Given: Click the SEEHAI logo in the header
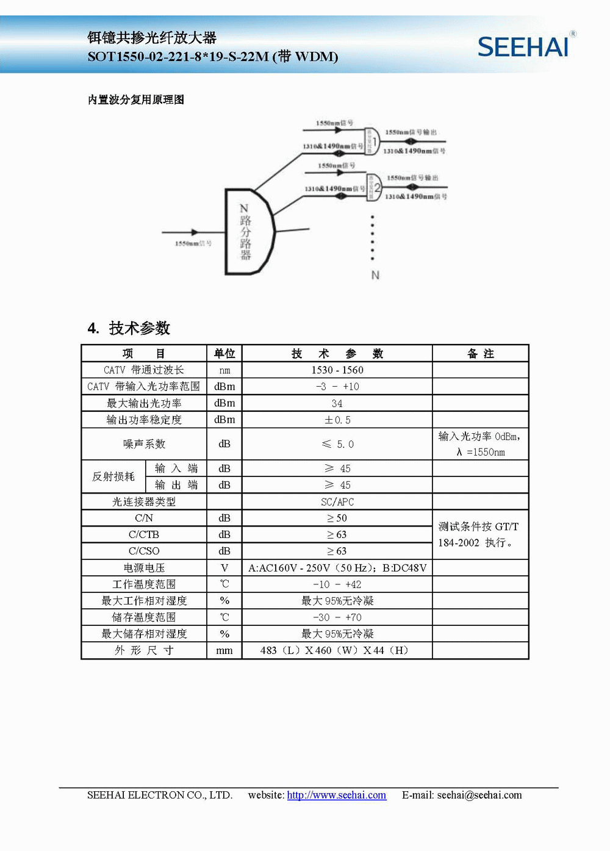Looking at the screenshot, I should pos(523,46).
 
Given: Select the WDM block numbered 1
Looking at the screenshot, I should pos(371,141).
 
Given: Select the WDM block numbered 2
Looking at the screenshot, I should pos(373,187).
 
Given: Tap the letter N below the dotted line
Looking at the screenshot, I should pos(375,275).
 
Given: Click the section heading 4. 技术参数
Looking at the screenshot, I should pos(129,328).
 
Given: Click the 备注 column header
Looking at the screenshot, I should pos(480,354).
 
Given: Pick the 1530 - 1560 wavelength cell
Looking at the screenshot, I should pos(337,370).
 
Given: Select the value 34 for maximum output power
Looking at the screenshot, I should pos(337,403).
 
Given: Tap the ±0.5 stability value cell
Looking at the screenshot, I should pos(337,420).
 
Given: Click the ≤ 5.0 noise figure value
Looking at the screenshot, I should pos(337,444).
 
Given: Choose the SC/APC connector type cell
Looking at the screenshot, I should pos(337,501).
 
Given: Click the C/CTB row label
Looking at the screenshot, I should pos(144,534).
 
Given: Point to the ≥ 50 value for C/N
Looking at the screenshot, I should pos(337,518).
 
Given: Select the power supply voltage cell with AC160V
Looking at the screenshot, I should pos(337,568).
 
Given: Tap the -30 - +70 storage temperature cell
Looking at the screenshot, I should pos(337,617).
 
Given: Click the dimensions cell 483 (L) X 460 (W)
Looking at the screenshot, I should pos(334,650).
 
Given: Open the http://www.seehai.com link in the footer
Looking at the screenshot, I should pos(336,795).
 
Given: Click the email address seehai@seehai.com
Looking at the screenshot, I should pos(479,795).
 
